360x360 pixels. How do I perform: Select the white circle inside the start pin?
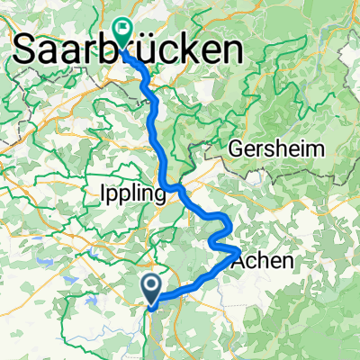pyautogui.click(x=153, y=286)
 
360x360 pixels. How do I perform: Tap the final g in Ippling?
pyautogui.click(x=157, y=196)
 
